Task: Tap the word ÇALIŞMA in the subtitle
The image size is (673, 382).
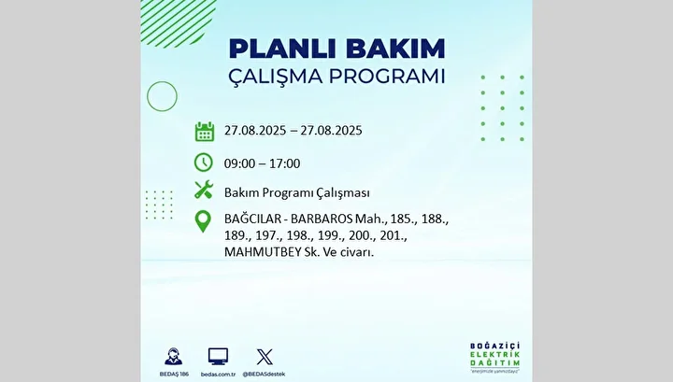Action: [x=275, y=78]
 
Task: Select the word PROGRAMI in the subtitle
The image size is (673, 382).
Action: [x=387, y=77]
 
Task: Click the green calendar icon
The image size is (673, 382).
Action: [x=205, y=131]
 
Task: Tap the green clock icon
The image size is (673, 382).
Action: [x=204, y=163]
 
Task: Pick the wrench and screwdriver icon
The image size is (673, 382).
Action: [x=204, y=190]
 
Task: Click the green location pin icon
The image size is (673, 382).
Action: [x=203, y=221]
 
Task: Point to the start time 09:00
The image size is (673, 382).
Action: [x=239, y=163]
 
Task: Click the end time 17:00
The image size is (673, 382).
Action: [x=285, y=163]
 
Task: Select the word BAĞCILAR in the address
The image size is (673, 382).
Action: [x=251, y=219]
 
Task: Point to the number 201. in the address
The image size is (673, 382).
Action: [x=393, y=235]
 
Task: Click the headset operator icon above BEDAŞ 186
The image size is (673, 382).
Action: [x=174, y=357]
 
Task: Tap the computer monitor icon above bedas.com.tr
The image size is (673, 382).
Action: [x=218, y=357]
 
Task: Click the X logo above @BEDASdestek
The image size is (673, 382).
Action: [x=265, y=357]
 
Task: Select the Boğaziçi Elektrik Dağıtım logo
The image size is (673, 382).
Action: [x=494, y=357]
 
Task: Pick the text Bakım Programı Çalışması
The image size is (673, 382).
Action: [x=296, y=193]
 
